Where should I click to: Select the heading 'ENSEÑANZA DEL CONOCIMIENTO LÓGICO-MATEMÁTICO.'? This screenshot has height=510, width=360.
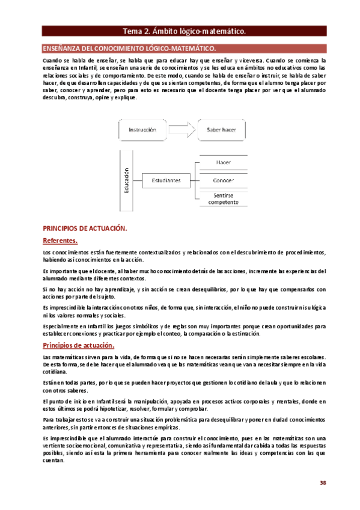128,48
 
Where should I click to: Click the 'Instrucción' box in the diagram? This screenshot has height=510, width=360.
142,129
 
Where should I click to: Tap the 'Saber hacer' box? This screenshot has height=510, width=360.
221,129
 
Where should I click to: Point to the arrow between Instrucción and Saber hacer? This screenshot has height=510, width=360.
182,129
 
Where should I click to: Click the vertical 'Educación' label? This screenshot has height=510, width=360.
127,180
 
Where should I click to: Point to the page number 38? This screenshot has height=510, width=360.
323,482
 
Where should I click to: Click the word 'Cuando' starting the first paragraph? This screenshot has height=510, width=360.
53,61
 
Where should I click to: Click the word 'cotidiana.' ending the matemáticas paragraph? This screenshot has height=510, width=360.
55,372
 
